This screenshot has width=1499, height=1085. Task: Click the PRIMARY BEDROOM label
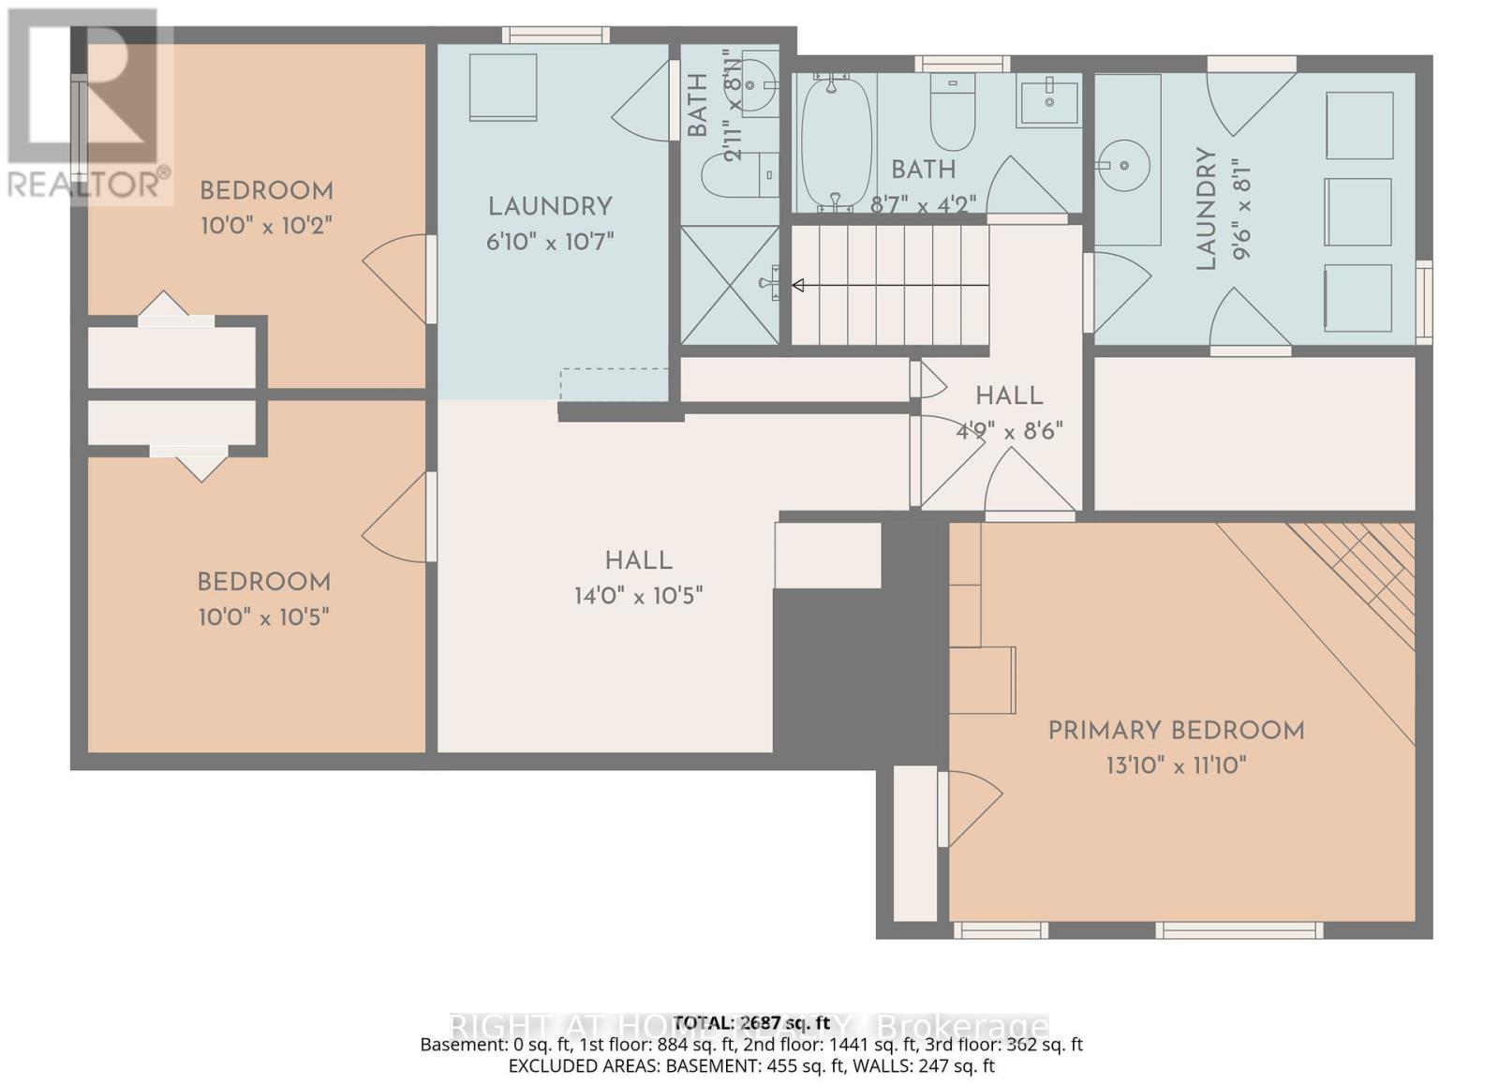click(x=1176, y=731)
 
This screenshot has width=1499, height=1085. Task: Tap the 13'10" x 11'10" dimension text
click(x=1176, y=765)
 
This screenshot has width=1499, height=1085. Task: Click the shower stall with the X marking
click(x=730, y=285)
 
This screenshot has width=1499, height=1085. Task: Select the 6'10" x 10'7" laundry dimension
click(x=549, y=242)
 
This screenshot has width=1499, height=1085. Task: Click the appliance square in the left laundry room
click(x=503, y=87)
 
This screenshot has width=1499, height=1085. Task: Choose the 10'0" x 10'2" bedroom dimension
click(x=266, y=226)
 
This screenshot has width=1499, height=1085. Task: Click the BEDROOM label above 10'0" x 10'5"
click(x=263, y=582)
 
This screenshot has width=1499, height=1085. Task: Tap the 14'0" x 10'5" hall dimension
click(x=638, y=596)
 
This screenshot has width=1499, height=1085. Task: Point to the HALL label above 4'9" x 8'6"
click(x=1009, y=395)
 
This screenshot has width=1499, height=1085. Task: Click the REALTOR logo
click(x=89, y=103)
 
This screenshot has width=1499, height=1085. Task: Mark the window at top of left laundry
click(x=556, y=36)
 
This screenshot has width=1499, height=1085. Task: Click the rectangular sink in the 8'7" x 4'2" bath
click(x=1049, y=99)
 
